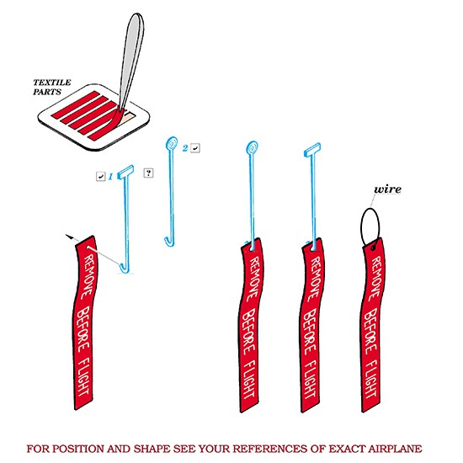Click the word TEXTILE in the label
(52, 82)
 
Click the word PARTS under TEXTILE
(47, 92)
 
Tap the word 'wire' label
(388, 189)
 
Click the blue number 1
(110, 177)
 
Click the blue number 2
(185, 148)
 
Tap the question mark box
(148, 173)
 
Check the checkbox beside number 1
(101, 176)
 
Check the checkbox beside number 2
(195, 147)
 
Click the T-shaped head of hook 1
(125, 172)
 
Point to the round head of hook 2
(172, 143)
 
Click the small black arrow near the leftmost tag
(70, 237)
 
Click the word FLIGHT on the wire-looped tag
(372, 379)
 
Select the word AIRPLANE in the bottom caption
(395, 449)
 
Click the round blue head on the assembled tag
(252, 147)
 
